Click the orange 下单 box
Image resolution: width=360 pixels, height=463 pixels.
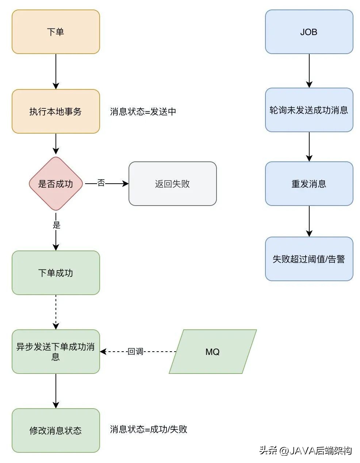tap(55, 32)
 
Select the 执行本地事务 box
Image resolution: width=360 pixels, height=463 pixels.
tap(55, 111)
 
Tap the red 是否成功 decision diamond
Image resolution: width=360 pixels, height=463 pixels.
tap(55, 184)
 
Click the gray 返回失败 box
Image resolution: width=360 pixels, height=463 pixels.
tap(172, 184)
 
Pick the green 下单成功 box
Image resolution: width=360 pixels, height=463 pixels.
tap(55, 273)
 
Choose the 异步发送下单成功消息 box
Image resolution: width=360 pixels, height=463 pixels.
tap(55, 351)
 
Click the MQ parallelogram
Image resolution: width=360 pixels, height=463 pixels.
tap(212, 352)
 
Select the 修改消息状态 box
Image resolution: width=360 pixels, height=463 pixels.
tap(55, 431)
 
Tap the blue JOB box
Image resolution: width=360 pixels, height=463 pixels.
tap(309, 32)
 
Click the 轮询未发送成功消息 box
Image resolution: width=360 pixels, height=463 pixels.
tap(309, 110)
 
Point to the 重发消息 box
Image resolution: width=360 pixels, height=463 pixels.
tap(309, 184)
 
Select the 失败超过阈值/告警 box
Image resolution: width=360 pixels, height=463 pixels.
tap(309, 259)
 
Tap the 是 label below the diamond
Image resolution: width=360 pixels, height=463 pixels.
tap(56, 225)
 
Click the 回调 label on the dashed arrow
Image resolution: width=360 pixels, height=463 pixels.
tap(135, 352)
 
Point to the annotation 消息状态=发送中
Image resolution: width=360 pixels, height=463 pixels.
tap(143, 112)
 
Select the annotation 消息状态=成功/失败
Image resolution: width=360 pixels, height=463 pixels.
tap(149, 429)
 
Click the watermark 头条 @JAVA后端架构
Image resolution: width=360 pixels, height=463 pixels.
tap(305, 451)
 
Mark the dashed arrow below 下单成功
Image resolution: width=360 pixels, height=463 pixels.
tap(56, 312)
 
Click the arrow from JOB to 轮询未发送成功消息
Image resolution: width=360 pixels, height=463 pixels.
tap(309, 70)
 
